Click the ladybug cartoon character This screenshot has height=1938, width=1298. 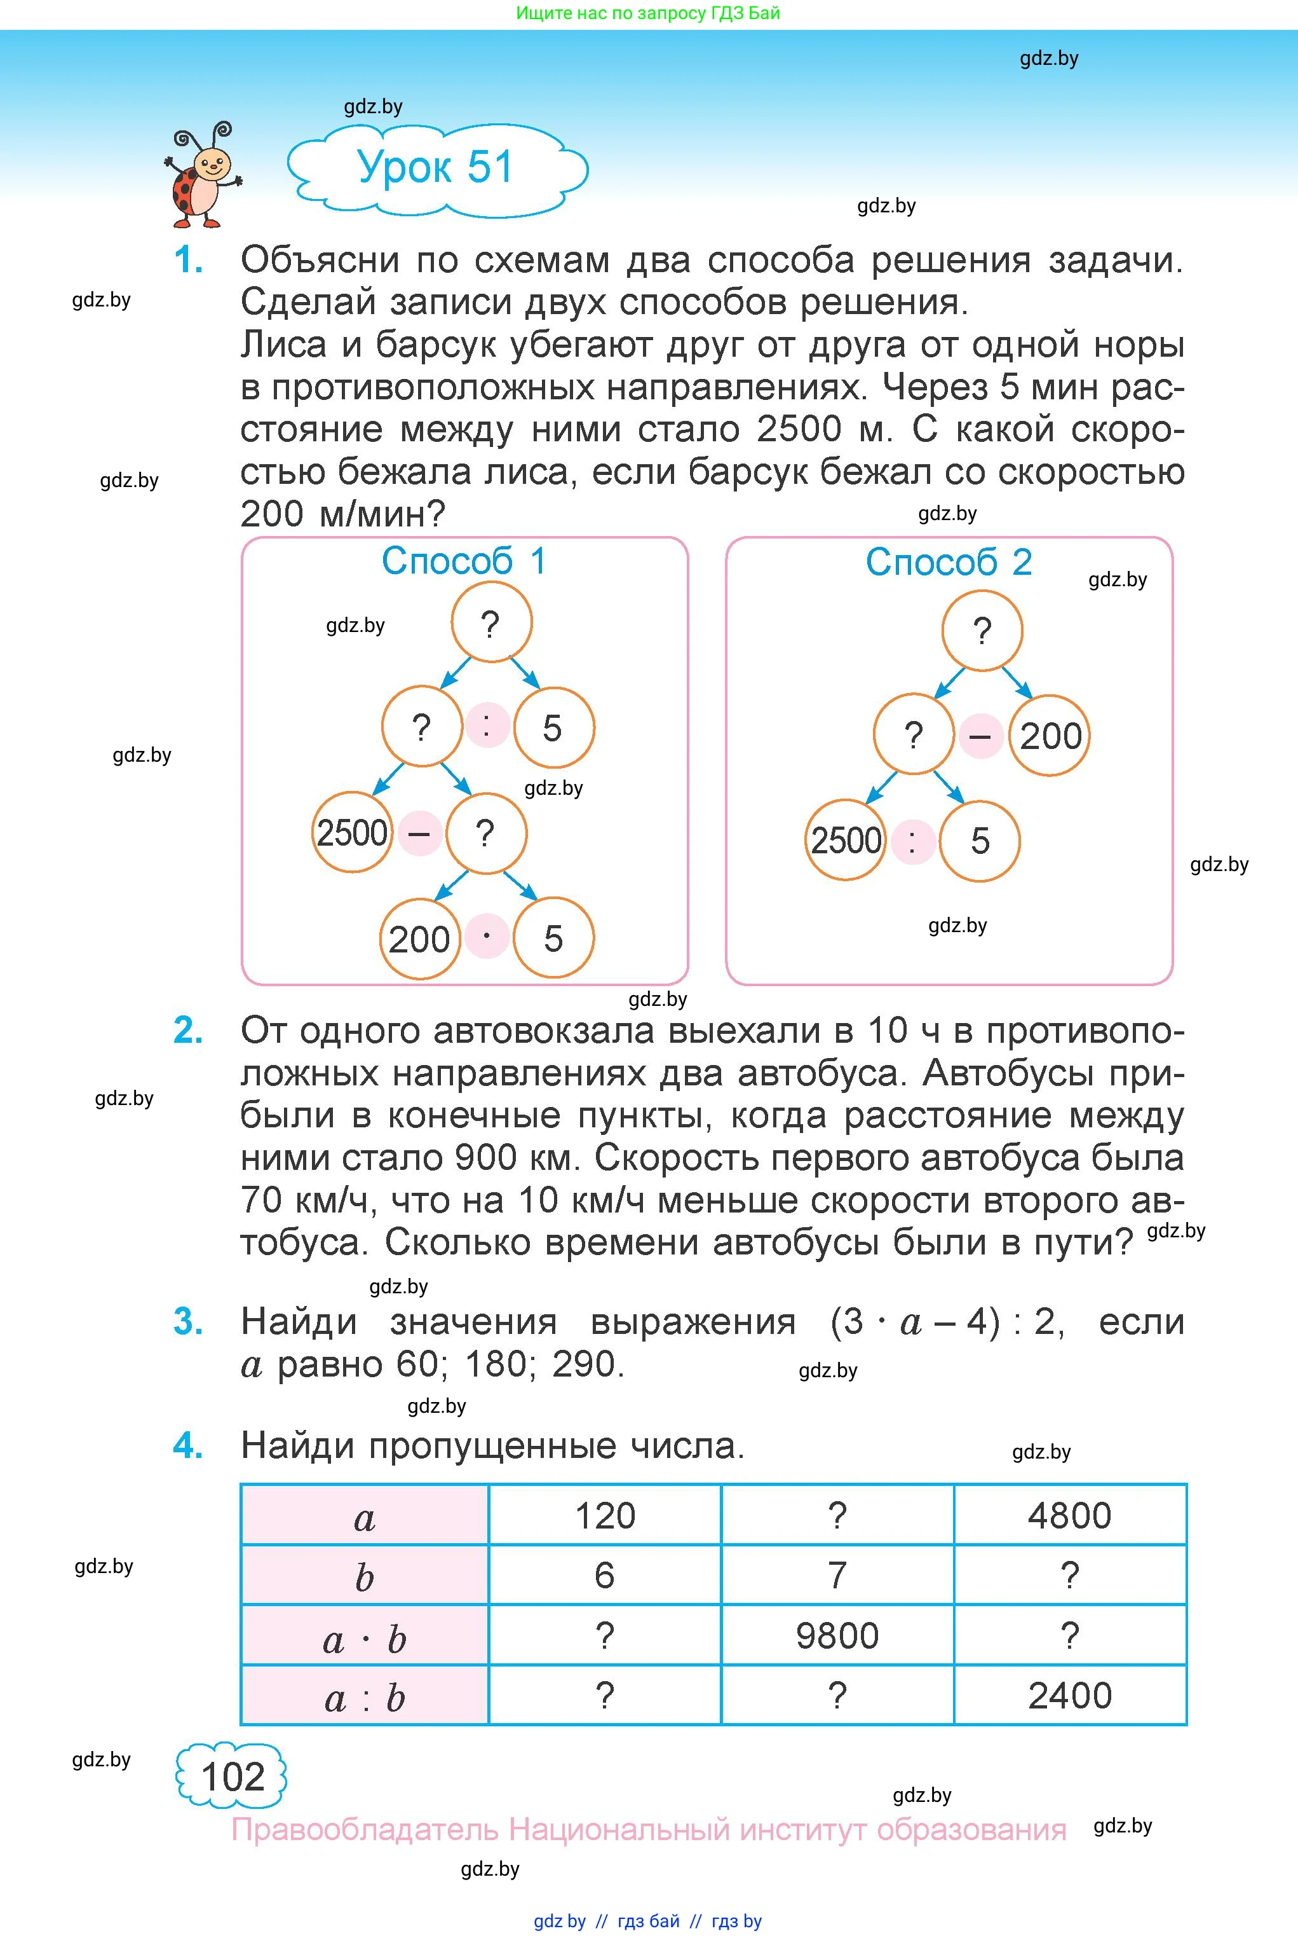click(201, 176)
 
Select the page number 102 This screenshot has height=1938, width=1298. click(232, 1776)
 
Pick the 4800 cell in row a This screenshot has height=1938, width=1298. click(1069, 1516)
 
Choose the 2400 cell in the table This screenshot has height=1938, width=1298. click(1069, 1695)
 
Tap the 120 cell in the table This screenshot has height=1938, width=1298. click(605, 1516)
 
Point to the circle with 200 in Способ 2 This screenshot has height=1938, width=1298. click(1050, 736)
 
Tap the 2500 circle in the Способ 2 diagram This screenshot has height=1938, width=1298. click(845, 840)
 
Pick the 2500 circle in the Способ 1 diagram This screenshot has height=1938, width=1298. click(352, 832)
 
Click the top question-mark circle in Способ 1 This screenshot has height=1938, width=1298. click(491, 623)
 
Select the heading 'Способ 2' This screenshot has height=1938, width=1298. click(949, 562)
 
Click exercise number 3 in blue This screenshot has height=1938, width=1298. click(188, 1321)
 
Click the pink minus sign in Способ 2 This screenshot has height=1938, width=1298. click(981, 736)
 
